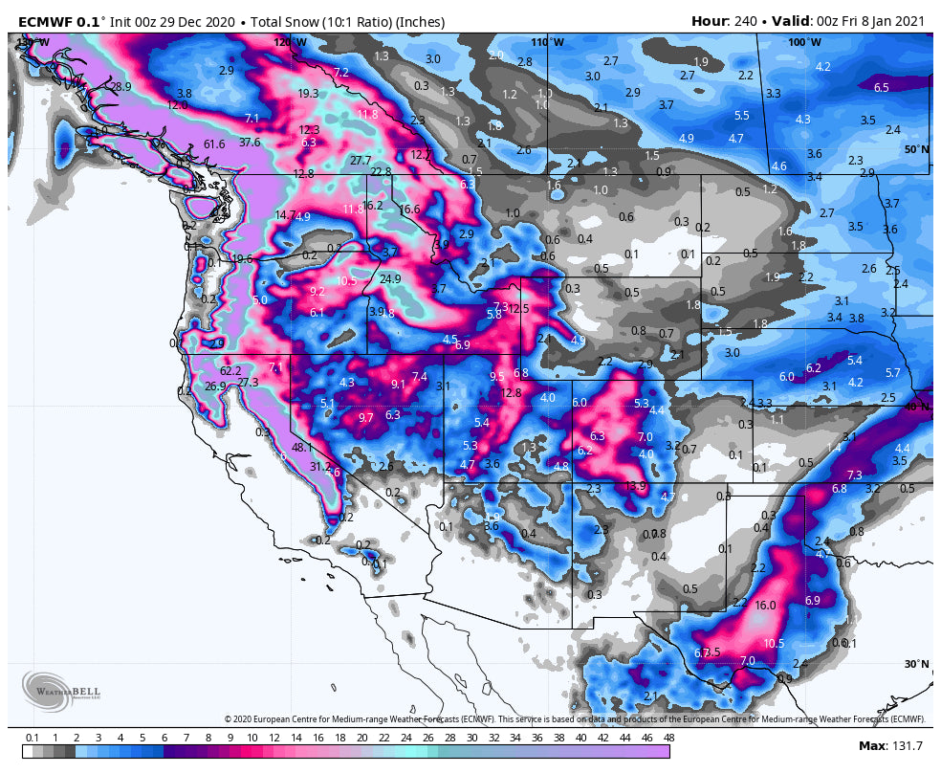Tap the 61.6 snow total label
214,144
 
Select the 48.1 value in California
302,447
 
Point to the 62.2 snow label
230,370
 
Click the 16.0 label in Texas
765,606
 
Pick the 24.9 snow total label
390,279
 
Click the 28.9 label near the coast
120,87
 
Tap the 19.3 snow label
308,94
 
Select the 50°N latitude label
917,150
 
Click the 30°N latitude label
916,664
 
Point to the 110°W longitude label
548,43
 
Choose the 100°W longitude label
804,43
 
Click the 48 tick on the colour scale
668,738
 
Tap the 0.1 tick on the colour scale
33,738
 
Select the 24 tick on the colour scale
405,738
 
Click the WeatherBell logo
61,691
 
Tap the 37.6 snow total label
250,143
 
